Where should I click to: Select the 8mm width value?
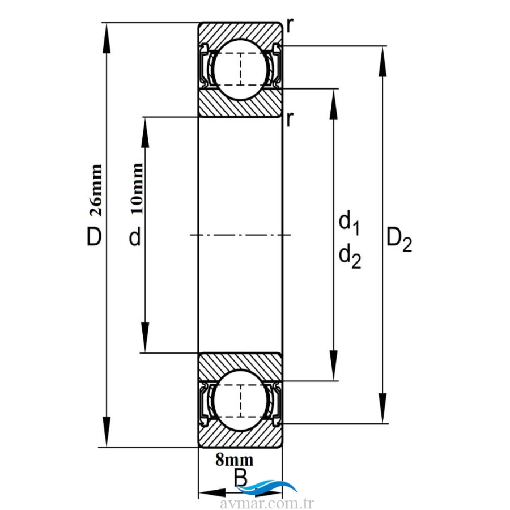(235, 460)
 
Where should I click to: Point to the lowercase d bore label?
(134, 238)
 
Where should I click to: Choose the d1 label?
(349, 222)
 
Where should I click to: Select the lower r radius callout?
(290, 118)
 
